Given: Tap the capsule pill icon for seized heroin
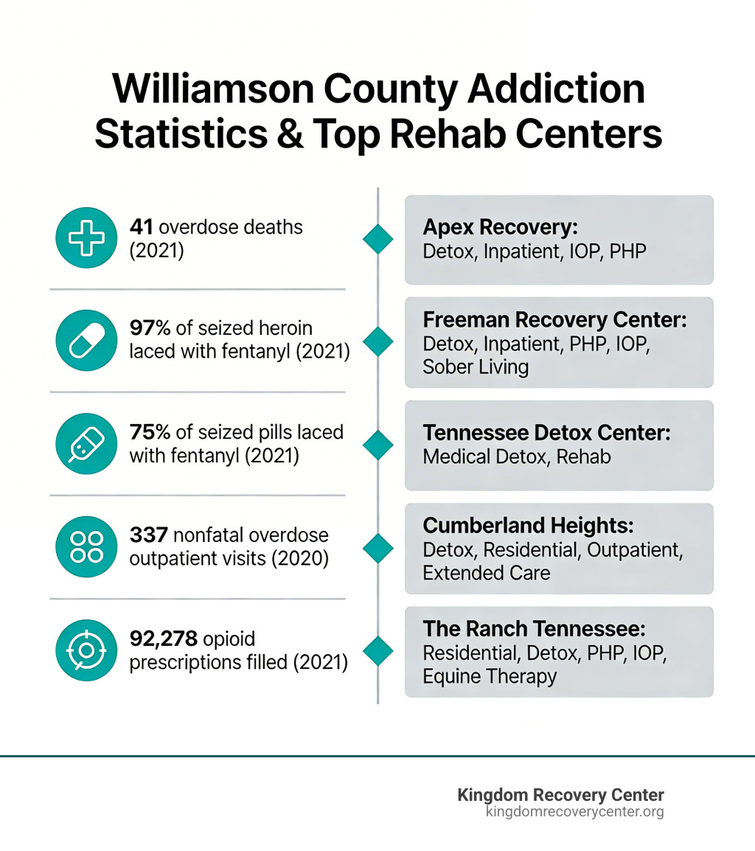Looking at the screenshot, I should [x=86, y=340].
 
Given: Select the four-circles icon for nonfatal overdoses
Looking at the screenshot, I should [x=86, y=546].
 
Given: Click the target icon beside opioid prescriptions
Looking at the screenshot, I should [x=86, y=650].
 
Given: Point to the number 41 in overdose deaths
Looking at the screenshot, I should [x=141, y=226].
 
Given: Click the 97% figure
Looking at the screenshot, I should [x=150, y=328].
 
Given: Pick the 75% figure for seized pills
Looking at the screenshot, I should [x=150, y=431].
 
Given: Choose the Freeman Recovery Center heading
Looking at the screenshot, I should [x=554, y=321].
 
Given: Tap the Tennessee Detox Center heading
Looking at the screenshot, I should [x=546, y=433].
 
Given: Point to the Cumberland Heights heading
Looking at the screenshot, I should [x=528, y=526].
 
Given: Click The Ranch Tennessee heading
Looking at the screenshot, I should [x=534, y=629].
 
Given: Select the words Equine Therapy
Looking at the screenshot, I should [x=490, y=676].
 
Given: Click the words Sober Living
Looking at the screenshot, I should [x=476, y=367].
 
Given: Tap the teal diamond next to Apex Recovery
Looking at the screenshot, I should [x=378, y=239].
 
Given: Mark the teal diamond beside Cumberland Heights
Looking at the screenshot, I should [x=378, y=548].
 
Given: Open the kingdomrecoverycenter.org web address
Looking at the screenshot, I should [x=574, y=812].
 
